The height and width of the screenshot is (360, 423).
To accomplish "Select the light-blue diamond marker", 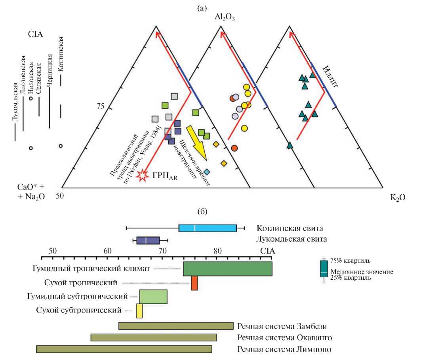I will pyautogui.click(x=207, y=172).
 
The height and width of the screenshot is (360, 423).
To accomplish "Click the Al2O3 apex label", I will pyautogui.click(x=225, y=17).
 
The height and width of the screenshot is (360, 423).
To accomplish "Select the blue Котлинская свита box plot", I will pyautogui.click(x=208, y=228).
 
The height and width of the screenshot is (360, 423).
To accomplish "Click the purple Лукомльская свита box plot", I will pyautogui.click(x=148, y=240).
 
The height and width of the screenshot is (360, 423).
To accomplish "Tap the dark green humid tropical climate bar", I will pyautogui.click(x=227, y=269).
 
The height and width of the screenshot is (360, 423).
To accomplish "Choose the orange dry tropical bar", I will pyautogui.click(x=194, y=283).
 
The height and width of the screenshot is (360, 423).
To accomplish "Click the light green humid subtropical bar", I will pyautogui.click(x=153, y=296).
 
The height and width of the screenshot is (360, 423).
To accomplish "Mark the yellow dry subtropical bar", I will pyautogui.click(x=139, y=311).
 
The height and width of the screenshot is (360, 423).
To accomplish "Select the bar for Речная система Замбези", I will pyautogui.click(x=175, y=326).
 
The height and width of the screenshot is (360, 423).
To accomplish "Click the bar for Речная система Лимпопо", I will pyautogui.click(x=124, y=349).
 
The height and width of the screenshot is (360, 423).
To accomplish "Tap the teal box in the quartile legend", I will pyautogui.click(x=324, y=269).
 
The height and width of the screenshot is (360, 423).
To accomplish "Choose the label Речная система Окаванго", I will pyautogui.click(x=284, y=338).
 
